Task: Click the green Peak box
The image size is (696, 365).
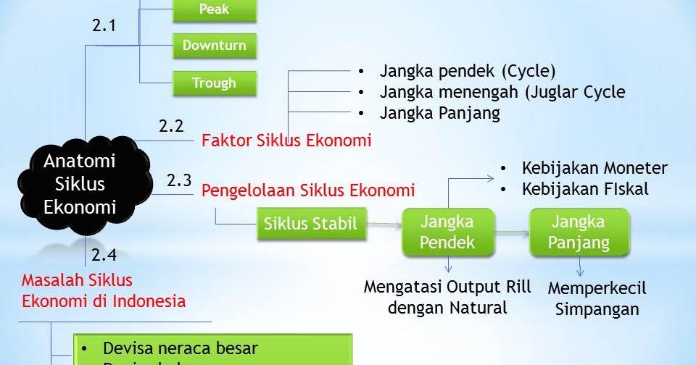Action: [x=215, y=10]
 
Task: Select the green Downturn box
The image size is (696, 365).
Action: [x=215, y=46]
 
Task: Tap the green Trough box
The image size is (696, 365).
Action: [x=215, y=83]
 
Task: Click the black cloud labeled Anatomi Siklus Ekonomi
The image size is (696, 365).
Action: [x=80, y=184]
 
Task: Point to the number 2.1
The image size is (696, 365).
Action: [x=104, y=26]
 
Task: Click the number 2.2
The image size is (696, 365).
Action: [x=171, y=126]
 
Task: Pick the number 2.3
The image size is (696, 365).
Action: [x=179, y=180]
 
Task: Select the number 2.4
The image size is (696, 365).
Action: [x=104, y=254]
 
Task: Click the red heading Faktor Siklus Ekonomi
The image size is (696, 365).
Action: [x=286, y=140]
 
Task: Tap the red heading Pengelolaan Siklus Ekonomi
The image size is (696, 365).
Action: [x=308, y=190]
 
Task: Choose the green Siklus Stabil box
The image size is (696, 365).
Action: [x=311, y=224]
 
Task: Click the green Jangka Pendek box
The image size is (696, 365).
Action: [x=447, y=232]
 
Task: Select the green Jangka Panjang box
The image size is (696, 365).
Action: [x=579, y=232]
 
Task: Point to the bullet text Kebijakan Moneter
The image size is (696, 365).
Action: [x=594, y=168]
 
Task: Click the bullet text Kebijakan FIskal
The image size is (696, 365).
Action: [x=585, y=189]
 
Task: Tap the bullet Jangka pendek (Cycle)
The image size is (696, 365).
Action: [x=467, y=71]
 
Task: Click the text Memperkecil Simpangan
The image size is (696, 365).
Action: [x=597, y=298]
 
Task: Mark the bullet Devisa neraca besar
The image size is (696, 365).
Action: [x=181, y=348]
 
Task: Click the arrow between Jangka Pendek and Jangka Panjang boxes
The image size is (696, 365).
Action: [x=513, y=233]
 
